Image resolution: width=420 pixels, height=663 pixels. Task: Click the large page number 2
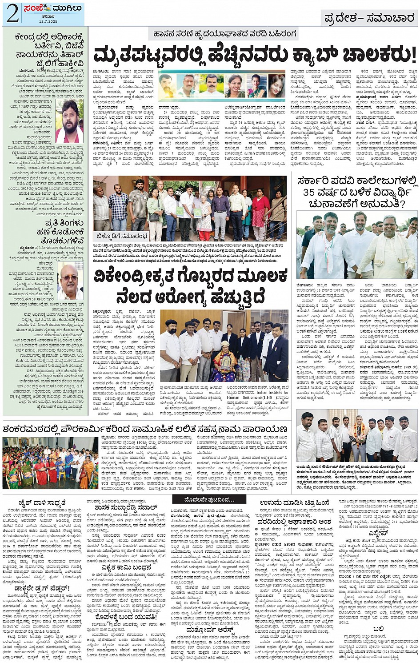[x=12, y=14]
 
